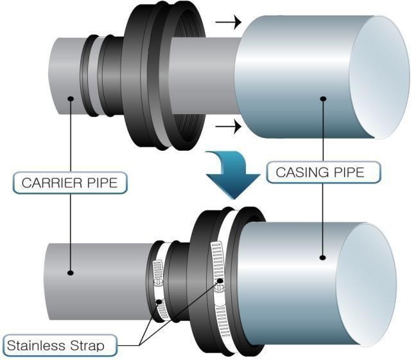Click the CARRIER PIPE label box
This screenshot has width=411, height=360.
70,182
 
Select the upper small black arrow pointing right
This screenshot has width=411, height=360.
227,23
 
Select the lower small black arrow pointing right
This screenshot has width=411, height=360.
227,126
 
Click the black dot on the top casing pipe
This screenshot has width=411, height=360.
322,98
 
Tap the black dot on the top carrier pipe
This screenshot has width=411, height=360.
69,99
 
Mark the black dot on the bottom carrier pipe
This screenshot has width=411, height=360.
70,273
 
